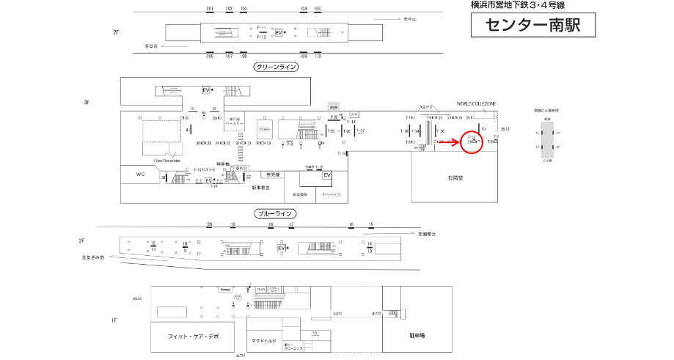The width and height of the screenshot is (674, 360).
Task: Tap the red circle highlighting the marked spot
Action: pyautogui.click(x=473, y=141)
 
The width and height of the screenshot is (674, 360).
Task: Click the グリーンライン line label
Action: pyautogui.click(x=276, y=67)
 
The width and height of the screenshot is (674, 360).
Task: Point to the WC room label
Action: pyautogui.click(x=141, y=175)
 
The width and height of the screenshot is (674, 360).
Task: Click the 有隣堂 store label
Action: pyautogui.click(x=453, y=178)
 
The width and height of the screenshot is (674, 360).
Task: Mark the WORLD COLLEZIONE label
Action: pyautogui.click(x=476, y=104)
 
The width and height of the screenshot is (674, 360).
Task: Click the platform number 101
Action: pyautogui.click(x=210, y=9)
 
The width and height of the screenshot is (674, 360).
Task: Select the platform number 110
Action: pyautogui.click(x=318, y=56)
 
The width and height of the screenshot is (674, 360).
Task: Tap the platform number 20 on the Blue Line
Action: pyautogui.click(x=209, y=224)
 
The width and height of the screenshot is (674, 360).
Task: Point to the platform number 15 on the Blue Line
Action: pyautogui.click(x=371, y=224)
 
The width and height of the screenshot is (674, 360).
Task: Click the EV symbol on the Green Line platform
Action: pyautogui.click(x=279, y=33)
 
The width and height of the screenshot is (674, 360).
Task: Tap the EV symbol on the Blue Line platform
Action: pyautogui.click(x=281, y=249)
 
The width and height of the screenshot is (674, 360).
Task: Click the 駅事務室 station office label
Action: pyautogui.click(x=261, y=188)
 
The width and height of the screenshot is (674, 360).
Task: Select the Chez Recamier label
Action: pyautogui.click(x=167, y=159)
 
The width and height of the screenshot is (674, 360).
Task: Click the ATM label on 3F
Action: pyautogui.click(x=355, y=114)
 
